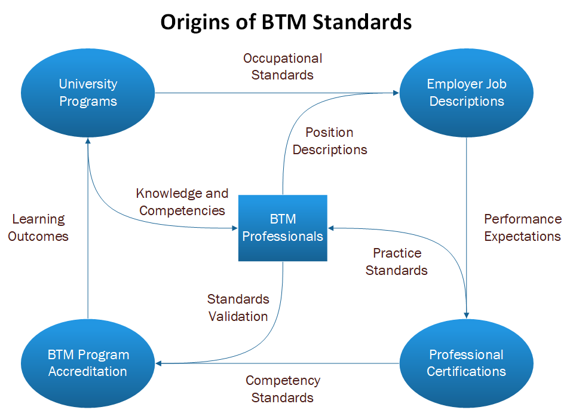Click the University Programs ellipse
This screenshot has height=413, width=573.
[x=88, y=93]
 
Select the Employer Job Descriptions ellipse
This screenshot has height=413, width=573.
[x=466, y=93]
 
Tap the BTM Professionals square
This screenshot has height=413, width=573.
[x=283, y=228]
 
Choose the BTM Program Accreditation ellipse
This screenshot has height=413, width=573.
[x=88, y=363]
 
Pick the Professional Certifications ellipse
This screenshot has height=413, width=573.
[x=466, y=363]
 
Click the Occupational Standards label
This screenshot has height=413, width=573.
[x=283, y=66]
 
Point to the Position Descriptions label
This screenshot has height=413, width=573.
[x=330, y=140]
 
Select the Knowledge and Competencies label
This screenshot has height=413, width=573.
[x=182, y=202]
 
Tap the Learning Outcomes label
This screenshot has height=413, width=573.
[x=38, y=227]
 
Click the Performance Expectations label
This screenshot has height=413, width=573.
[x=523, y=227]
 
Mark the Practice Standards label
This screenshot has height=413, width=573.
[x=397, y=261]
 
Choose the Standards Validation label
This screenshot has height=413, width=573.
[x=238, y=307]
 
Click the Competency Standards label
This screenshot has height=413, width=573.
[x=283, y=389]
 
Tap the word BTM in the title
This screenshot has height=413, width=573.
[x=284, y=22]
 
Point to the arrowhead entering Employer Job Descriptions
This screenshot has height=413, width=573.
[x=396, y=93]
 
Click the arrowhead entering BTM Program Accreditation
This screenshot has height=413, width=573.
[x=158, y=363]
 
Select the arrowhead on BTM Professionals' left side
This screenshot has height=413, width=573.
[x=235, y=228]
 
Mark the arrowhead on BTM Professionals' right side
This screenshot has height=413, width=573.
[x=331, y=228]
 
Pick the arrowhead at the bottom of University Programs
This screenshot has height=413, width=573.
[x=88, y=141]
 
